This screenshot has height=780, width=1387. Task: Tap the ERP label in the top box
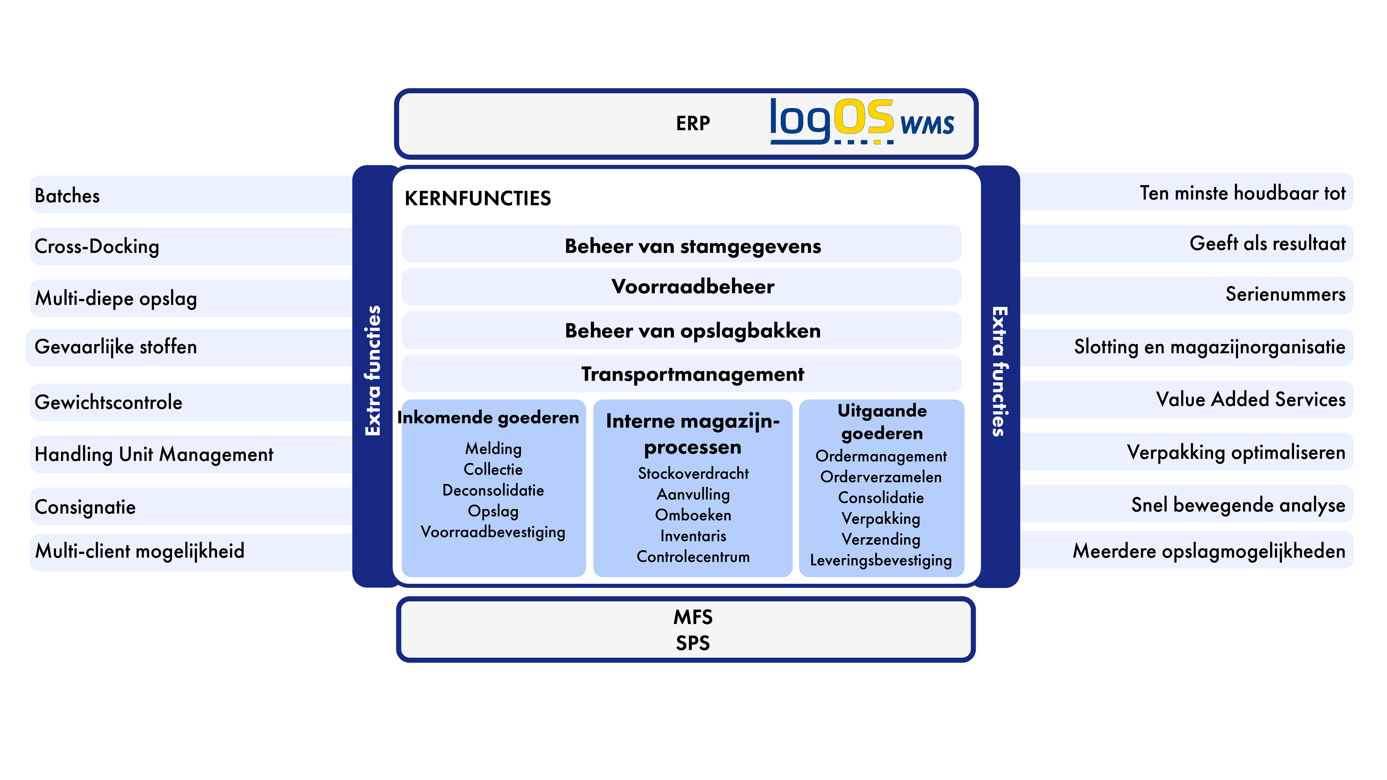click(x=693, y=123)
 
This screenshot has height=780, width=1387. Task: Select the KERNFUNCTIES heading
click(x=478, y=198)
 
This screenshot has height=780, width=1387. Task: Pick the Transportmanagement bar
click(x=682, y=374)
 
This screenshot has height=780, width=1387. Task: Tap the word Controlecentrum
click(x=693, y=557)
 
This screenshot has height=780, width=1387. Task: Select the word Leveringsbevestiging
click(x=881, y=560)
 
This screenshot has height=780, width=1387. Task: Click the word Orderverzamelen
click(x=881, y=477)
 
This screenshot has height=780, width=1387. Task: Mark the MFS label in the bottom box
click(x=693, y=617)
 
